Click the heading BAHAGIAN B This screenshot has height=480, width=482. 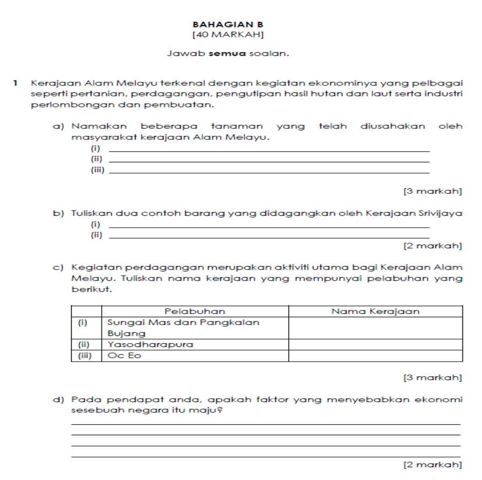click(x=228, y=24)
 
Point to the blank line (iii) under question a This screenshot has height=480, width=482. click(x=270, y=172)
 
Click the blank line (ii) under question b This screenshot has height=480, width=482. click(x=270, y=237)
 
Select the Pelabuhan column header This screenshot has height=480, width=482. click(x=194, y=311)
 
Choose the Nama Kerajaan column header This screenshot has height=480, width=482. click(x=375, y=311)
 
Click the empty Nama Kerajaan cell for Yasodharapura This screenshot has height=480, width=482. click(x=376, y=344)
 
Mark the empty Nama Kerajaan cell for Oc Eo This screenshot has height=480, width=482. click(x=376, y=355)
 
